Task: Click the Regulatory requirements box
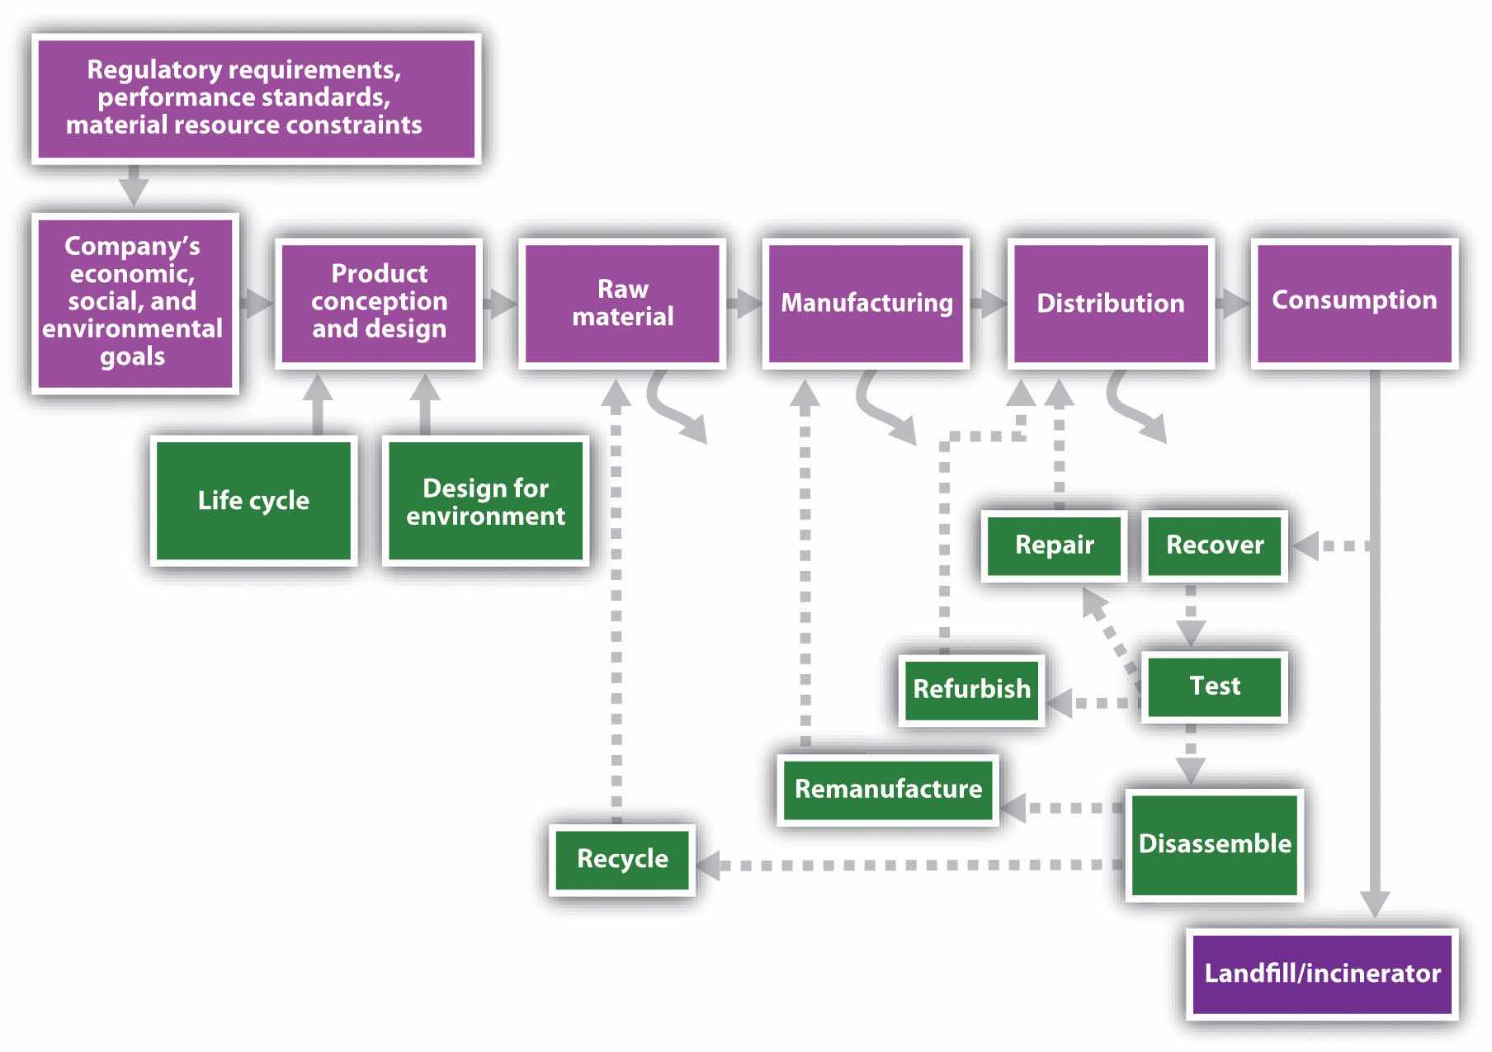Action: pyautogui.click(x=256, y=98)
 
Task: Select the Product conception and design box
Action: pyautogui.click(x=379, y=302)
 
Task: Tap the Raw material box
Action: pyautogui.click(x=622, y=302)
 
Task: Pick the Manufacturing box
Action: pyautogui.click(x=866, y=302)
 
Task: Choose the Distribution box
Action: pyautogui.click(x=1110, y=302)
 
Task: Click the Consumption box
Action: pyautogui.click(x=1354, y=300)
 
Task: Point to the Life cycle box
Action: pyautogui.click(x=253, y=500)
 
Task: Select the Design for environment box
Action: pyautogui.click(x=485, y=501)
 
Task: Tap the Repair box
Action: pyautogui.click(x=1054, y=545)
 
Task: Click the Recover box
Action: pyautogui.click(x=1215, y=545)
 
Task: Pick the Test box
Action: pyautogui.click(x=1215, y=686)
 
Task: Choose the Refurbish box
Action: pyautogui.click(x=971, y=689)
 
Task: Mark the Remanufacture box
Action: pyautogui.click(x=888, y=789)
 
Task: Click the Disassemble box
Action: pyautogui.click(x=1215, y=844)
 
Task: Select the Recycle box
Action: pyautogui.click(x=622, y=859)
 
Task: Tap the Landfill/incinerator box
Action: pyautogui.click(x=1322, y=974)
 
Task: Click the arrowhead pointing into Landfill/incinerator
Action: pyautogui.click(x=1375, y=904)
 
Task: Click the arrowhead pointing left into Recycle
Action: pyautogui.click(x=708, y=866)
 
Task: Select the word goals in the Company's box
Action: pyautogui.click(x=132, y=357)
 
